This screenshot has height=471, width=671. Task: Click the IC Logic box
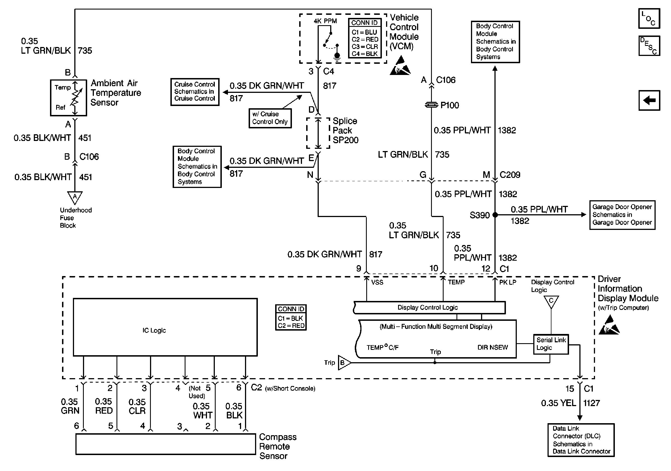[x=165, y=327]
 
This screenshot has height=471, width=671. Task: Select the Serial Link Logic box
[x=551, y=344]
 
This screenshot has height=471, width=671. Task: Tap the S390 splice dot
[x=495, y=215]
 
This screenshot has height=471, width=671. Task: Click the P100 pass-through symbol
[x=431, y=105]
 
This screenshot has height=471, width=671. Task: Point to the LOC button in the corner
[x=649, y=19]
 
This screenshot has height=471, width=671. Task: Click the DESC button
[x=649, y=46]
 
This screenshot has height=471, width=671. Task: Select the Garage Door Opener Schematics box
[x=622, y=215]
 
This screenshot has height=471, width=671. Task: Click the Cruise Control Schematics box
[x=195, y=91]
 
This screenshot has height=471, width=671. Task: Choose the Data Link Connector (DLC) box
[x=581, y=440]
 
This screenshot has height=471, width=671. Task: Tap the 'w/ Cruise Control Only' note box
[x=270, y=118]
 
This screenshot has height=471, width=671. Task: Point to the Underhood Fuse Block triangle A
[x=75, y=197]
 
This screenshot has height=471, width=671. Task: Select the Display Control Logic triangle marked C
[x=551, y=301]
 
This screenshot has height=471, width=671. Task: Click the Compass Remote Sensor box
[x=165, y=444]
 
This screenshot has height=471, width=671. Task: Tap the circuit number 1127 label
[x=591, y=403]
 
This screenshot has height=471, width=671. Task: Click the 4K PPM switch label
[x=325, y=21]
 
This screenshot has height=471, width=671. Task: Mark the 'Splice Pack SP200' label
[x=345, y=130]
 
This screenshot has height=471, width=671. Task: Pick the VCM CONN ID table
[x=365, y=38]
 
